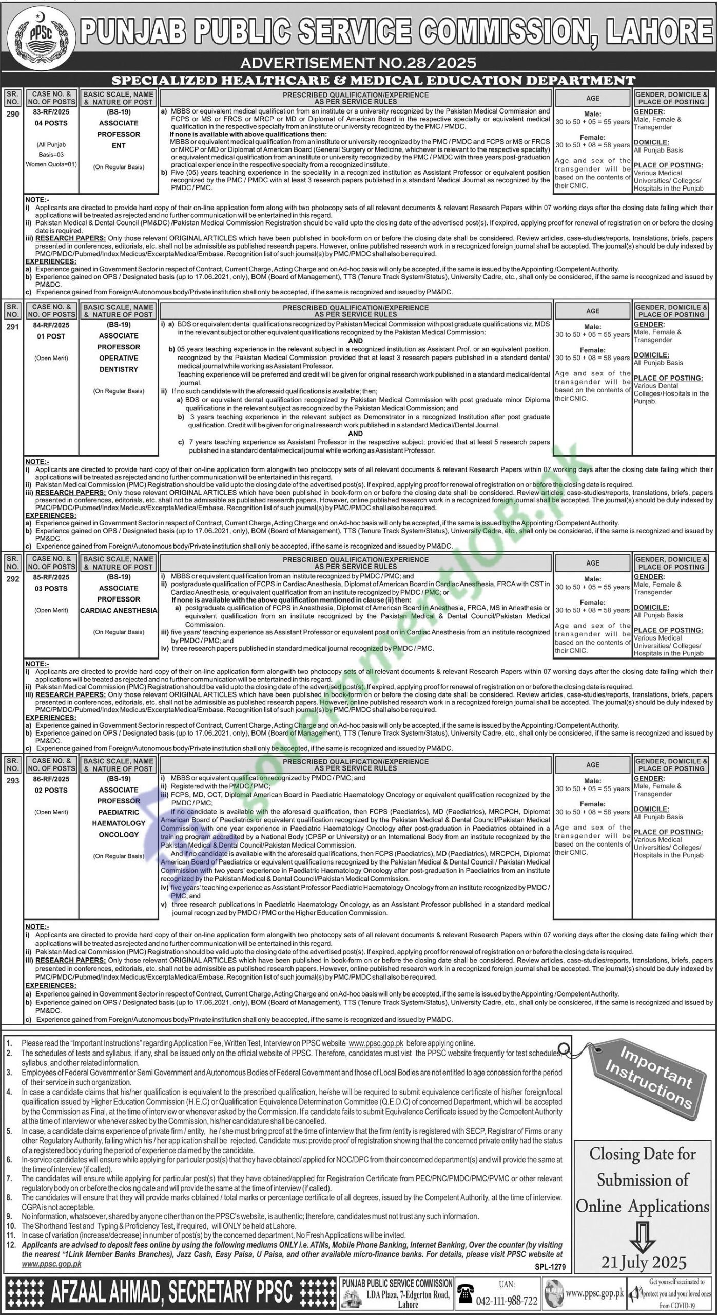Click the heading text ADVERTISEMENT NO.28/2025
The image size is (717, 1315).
coord(358,63)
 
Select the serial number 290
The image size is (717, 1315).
coord(13,114)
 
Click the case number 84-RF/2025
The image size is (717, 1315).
coord(52,325)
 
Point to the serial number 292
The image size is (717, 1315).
coord(13,579)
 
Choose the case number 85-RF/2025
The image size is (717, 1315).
coord(52,577)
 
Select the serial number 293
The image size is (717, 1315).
coord(13,781)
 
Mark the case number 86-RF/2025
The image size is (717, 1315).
coord(52,779)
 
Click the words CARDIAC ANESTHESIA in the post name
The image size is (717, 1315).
coord(119,611)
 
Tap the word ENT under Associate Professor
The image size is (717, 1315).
coord(119,145)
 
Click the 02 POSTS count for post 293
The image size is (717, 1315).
coord(52,791)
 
